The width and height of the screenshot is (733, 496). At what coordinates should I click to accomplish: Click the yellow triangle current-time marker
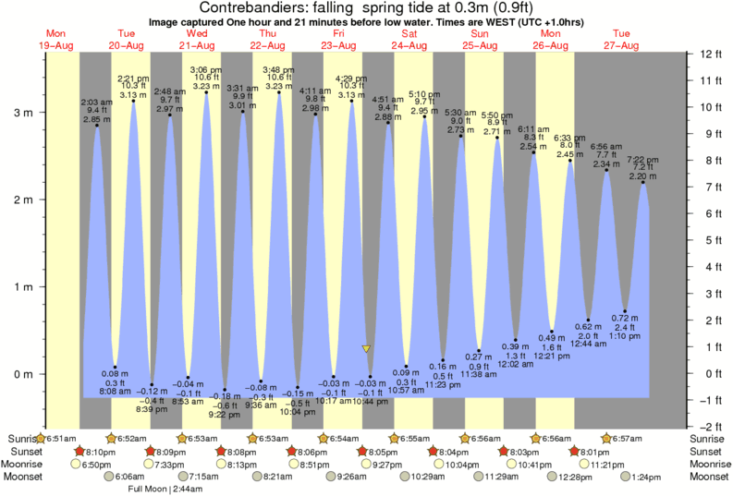tap(367, 349)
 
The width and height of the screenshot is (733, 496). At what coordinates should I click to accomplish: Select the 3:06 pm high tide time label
tap(204, 70)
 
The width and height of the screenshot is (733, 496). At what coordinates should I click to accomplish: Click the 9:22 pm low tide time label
tap(224, 414)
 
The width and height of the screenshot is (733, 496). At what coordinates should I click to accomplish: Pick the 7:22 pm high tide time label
tap(644, 159)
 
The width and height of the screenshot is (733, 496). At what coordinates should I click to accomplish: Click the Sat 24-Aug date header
tap(409, 38)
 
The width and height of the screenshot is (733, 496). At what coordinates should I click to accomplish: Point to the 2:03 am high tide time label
tap(96, 101)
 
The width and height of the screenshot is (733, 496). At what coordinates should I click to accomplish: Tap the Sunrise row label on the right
tap(710, 438)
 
